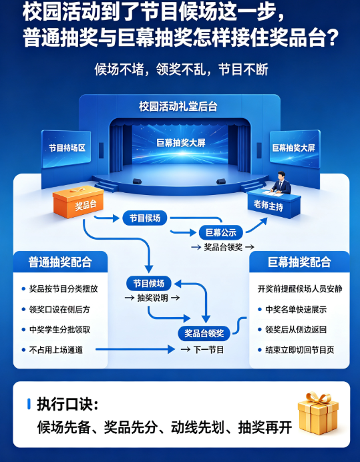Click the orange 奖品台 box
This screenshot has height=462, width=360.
(x=78, y=202)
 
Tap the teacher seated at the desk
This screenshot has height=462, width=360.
(x=281, y=183)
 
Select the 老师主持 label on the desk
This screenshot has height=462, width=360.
(x=268, y=205)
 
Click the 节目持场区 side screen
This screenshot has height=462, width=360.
(x=66, y=148)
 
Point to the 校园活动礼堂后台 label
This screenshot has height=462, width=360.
(x=178, y=106)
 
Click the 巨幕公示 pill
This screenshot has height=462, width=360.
(x=221, y=233)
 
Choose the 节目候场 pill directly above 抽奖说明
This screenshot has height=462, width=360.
(x=148, y=284)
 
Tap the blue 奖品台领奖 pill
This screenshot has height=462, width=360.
(x=204, y=334)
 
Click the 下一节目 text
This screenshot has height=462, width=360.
(x=209, y=350)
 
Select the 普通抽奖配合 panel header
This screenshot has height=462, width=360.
(x=60, y=262)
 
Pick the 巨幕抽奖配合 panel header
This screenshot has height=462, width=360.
(x=299, y=262)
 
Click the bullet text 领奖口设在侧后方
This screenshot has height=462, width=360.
(x=59, y=309)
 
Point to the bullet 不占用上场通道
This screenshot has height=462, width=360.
(x=55, y=350)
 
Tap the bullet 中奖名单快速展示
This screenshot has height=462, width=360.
(x=296, y=309)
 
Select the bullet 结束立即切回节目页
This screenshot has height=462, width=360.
(x=300, y=350)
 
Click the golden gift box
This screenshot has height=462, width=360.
(x=319, y=413)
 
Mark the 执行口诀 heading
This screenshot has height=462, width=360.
(x=67, y=404)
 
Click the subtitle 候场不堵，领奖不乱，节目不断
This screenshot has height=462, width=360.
(x=181, y=69)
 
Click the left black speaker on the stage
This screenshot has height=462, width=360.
(x=137, y=182)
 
